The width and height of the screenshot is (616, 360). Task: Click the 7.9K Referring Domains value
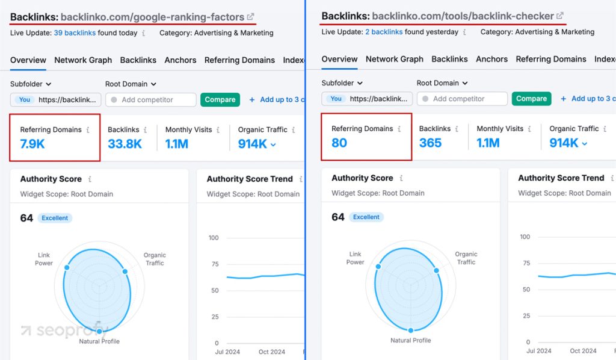32,144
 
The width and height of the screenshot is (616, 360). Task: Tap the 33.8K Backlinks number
125,144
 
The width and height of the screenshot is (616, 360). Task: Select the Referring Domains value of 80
339,143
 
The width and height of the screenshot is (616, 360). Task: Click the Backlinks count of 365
430,143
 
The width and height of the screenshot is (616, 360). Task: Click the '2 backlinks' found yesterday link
383,32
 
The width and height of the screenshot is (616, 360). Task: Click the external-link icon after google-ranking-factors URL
251,17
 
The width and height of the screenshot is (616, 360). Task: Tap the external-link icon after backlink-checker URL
560,16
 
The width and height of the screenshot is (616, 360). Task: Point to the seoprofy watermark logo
63,331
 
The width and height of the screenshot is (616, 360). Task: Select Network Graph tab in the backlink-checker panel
395,59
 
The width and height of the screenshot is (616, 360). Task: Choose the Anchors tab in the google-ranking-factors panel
180,60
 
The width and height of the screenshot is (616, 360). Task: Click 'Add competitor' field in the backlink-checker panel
463,99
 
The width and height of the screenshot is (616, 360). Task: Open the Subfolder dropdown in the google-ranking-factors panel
31,84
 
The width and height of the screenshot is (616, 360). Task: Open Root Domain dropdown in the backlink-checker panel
442,83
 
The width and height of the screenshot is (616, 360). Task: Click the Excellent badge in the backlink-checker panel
366,217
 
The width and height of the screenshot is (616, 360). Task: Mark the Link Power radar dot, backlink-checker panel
378,267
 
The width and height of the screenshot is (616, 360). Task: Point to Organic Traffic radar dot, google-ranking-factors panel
125,272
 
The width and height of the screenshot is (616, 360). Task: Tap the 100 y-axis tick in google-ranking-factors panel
214,238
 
